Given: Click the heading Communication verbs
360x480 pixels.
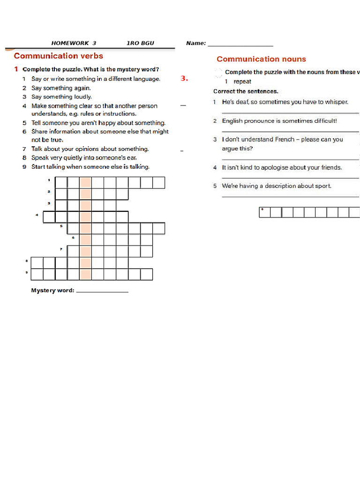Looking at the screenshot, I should [58, 56].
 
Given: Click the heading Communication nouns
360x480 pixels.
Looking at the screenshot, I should [261, 59].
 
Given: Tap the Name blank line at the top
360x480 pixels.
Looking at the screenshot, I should [240, 44].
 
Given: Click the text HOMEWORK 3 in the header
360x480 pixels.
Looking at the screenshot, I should [74, 43].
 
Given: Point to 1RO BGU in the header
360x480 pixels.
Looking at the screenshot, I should [140, 43].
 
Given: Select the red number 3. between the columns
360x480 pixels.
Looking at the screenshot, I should [184, 79].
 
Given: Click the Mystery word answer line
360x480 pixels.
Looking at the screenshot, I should [102, 291].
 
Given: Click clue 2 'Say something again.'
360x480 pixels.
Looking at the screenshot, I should [61, 88].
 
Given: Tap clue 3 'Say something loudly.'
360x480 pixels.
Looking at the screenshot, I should [61, 97].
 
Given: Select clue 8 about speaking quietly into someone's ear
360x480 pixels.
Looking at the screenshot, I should [84, 158].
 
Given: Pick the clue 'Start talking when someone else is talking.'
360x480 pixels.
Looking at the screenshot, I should [90, 167].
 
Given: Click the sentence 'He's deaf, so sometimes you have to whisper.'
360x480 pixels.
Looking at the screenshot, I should [285, 102].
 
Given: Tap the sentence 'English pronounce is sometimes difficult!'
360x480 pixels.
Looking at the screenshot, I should [279, 121].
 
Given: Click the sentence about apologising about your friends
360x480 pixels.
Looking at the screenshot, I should [282, 167].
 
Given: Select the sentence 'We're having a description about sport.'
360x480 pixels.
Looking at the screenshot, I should [277, 186].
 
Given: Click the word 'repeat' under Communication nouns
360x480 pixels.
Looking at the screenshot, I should [242, 82].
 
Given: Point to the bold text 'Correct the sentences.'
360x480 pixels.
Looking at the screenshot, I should [246, 91].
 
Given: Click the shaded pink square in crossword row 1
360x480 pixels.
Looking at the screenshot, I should [86, 182].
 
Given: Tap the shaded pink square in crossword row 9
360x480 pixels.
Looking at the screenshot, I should [86, 274].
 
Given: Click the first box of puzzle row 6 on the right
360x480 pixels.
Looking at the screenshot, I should [264, 213].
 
